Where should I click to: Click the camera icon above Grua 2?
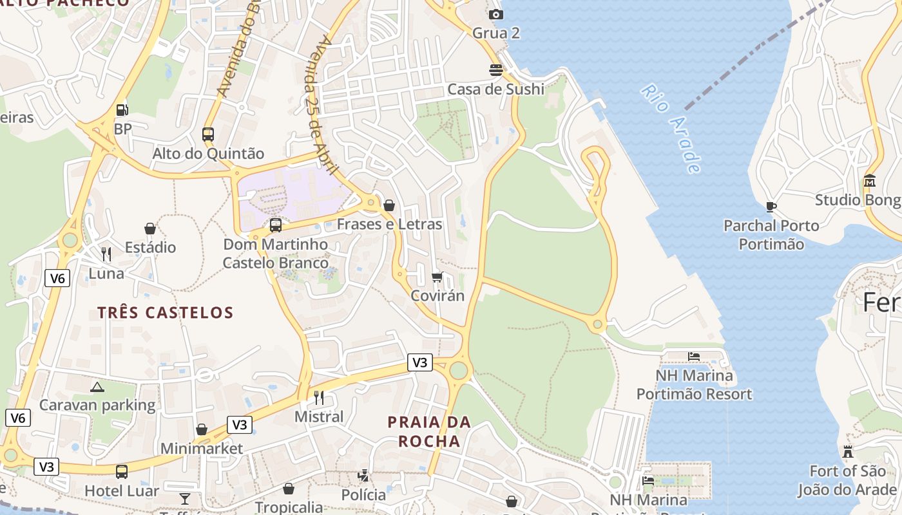pos(495,14)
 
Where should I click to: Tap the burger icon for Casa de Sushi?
pos(495,70)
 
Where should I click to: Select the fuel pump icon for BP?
pos(122,110)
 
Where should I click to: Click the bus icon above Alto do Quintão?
pos(208,134)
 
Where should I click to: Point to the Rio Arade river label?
pos(671,128)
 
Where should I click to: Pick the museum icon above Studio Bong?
pos(870,181)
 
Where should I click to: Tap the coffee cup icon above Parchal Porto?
pos(771,207)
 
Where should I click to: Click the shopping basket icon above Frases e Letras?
pos(389,205)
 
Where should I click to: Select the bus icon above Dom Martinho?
pos(276,225)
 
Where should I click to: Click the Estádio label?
pos(150,247)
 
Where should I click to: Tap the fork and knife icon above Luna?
pos(106,254)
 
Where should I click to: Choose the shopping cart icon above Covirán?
pos(437,277)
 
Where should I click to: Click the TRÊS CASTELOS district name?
pos(165,313)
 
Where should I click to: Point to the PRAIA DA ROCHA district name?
pos(429,432)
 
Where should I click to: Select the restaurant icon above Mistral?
pos(318,397)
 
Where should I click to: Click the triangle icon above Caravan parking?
pos(97,387)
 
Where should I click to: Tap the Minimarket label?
pos(202,449)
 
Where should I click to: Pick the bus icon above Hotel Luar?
pos(122,472)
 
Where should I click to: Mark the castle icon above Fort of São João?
pos(848,452)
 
